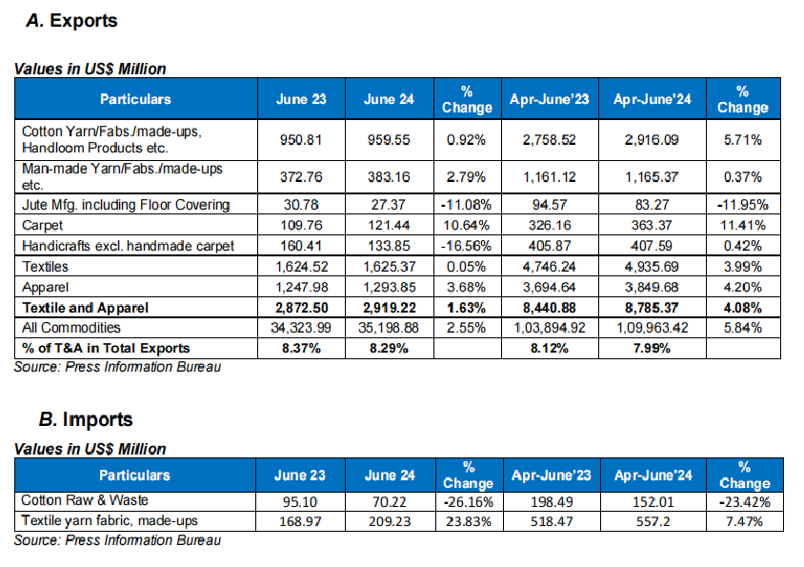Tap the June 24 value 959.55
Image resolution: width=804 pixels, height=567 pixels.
tap(384, 139)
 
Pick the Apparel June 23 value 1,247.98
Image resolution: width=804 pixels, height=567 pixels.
tap(300, 285)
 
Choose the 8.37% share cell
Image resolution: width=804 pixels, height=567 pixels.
tap(300, 348)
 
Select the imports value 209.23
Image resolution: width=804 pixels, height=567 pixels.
tap(384, 521)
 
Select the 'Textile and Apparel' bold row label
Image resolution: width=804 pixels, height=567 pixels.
tap(87, 307)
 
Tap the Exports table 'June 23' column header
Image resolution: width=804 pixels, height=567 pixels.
tap(300, 98)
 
